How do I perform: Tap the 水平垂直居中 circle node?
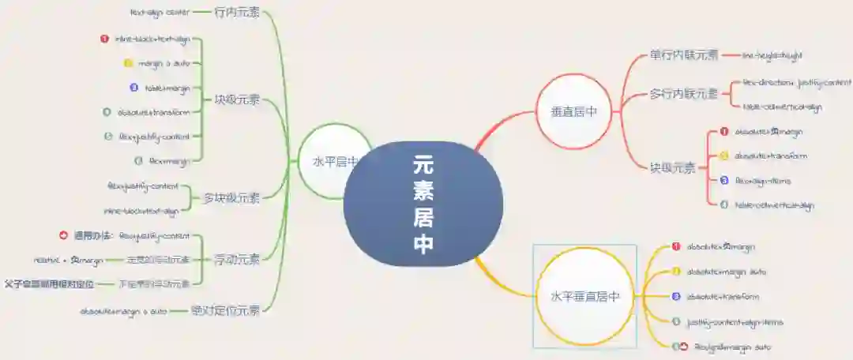(x=585, y=297)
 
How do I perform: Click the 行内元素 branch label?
(x=237, y=13)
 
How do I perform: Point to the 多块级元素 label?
(x=231, y=197)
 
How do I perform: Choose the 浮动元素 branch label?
(x=237, y=259)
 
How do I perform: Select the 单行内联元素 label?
(x=684, y=55)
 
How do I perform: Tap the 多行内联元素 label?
(x=684, y=94)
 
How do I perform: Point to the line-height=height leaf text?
(x=772, y=56)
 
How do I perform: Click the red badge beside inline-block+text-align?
(x=105, y=39)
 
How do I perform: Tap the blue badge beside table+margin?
(x=134, y=88)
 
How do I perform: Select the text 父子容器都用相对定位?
(x=49, y=283)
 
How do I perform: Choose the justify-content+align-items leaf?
(x=735, y=322)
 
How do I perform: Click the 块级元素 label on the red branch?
(x=672, y=167)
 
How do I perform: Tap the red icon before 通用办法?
(x=64, y=235)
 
